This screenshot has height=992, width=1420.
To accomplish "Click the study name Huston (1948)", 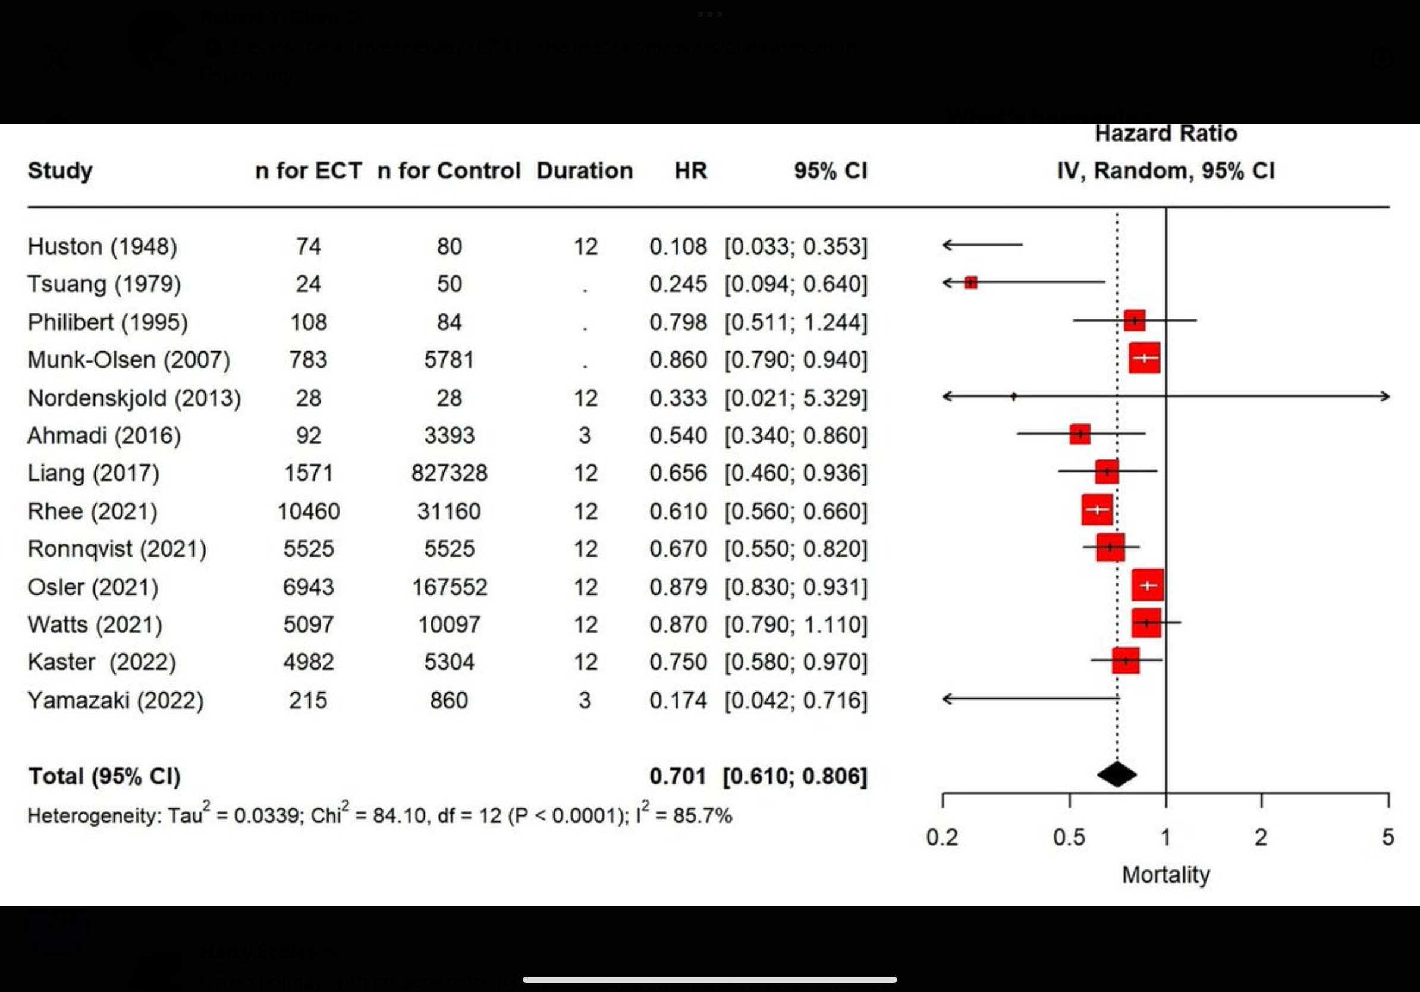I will click(102, 247).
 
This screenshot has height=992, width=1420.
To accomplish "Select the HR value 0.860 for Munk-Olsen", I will click(678, 360).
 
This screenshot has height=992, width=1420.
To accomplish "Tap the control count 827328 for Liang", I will click(449, 474).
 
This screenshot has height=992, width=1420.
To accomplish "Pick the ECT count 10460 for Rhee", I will click(308, 511).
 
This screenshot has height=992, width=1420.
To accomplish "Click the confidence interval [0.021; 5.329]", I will click(796, 398).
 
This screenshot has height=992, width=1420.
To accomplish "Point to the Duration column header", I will click(585, 171).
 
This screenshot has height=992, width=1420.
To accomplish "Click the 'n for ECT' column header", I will click(308, 171).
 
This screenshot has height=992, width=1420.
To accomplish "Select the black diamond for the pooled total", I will click(1117, 775).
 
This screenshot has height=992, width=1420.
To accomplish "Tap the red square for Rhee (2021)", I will click(1097, 510).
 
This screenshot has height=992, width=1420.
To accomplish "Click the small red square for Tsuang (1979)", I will click(970, 282).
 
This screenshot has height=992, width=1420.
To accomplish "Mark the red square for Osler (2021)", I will click(1148, 585).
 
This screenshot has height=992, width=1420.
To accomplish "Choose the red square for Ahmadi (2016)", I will click(1080, 434).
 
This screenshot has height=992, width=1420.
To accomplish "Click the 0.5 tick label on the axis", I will click(1069, 837).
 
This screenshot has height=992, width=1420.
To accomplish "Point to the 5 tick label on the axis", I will click(1388, 837).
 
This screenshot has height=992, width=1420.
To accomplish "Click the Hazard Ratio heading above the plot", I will click(1166, 134).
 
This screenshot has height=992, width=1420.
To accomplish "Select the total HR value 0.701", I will click(678, 776).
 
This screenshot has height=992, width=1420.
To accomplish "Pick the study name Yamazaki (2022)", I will click(115, 701).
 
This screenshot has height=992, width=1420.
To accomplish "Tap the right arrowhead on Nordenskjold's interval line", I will click(1386, 397).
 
